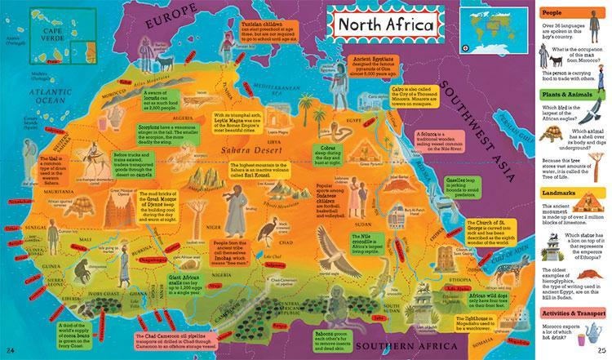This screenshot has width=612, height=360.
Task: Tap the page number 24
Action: (11, 351)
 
